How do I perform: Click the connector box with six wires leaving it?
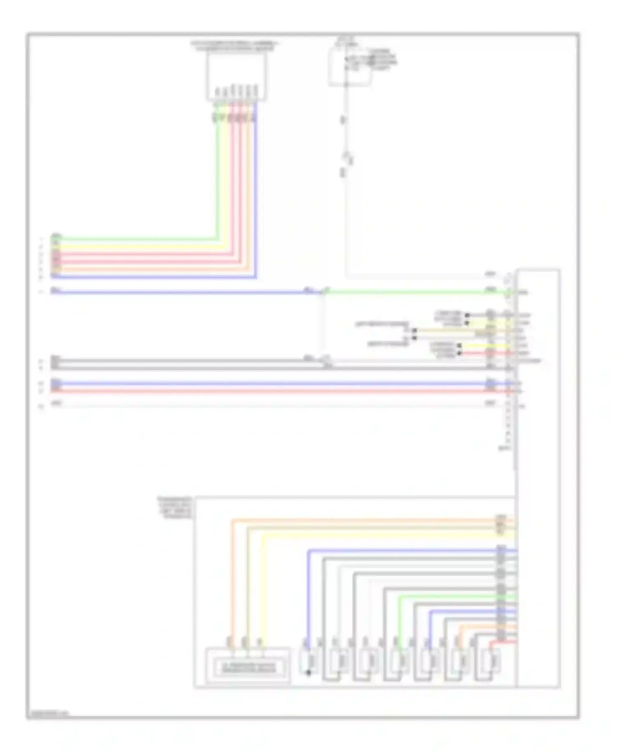[236, 77]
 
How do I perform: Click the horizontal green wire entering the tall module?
[411, 292]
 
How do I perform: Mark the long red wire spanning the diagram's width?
[267, 390]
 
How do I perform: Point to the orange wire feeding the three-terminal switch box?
[232, 576]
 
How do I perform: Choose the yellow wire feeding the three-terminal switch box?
[264, 584]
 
